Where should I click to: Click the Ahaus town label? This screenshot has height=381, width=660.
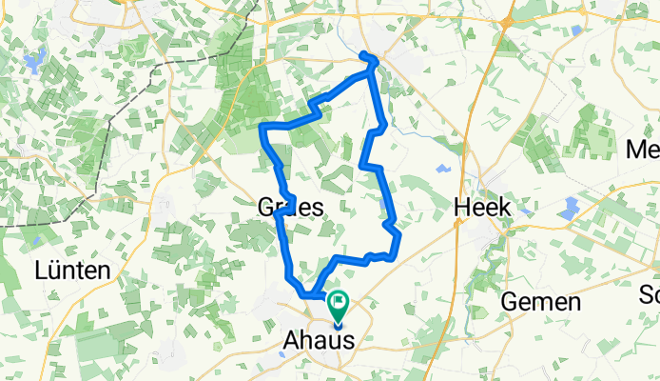coord(317,340)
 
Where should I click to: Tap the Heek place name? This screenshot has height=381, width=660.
coord(483,208)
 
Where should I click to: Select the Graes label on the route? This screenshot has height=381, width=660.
coord(290,207)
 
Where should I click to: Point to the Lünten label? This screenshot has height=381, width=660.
coord(71,271)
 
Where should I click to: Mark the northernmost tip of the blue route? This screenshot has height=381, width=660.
coord(371,59)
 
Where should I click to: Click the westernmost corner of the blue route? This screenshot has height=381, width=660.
coord(262,127)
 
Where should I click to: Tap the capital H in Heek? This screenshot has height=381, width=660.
coord(463,208)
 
